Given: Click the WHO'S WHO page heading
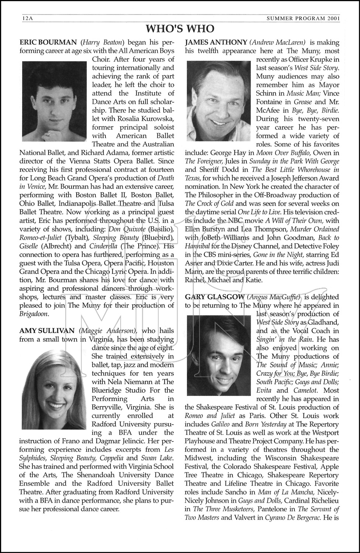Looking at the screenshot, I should click(180, 29).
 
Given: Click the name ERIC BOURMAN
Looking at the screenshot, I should click(48, 42).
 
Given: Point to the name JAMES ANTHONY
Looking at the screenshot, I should click(216, 42).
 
